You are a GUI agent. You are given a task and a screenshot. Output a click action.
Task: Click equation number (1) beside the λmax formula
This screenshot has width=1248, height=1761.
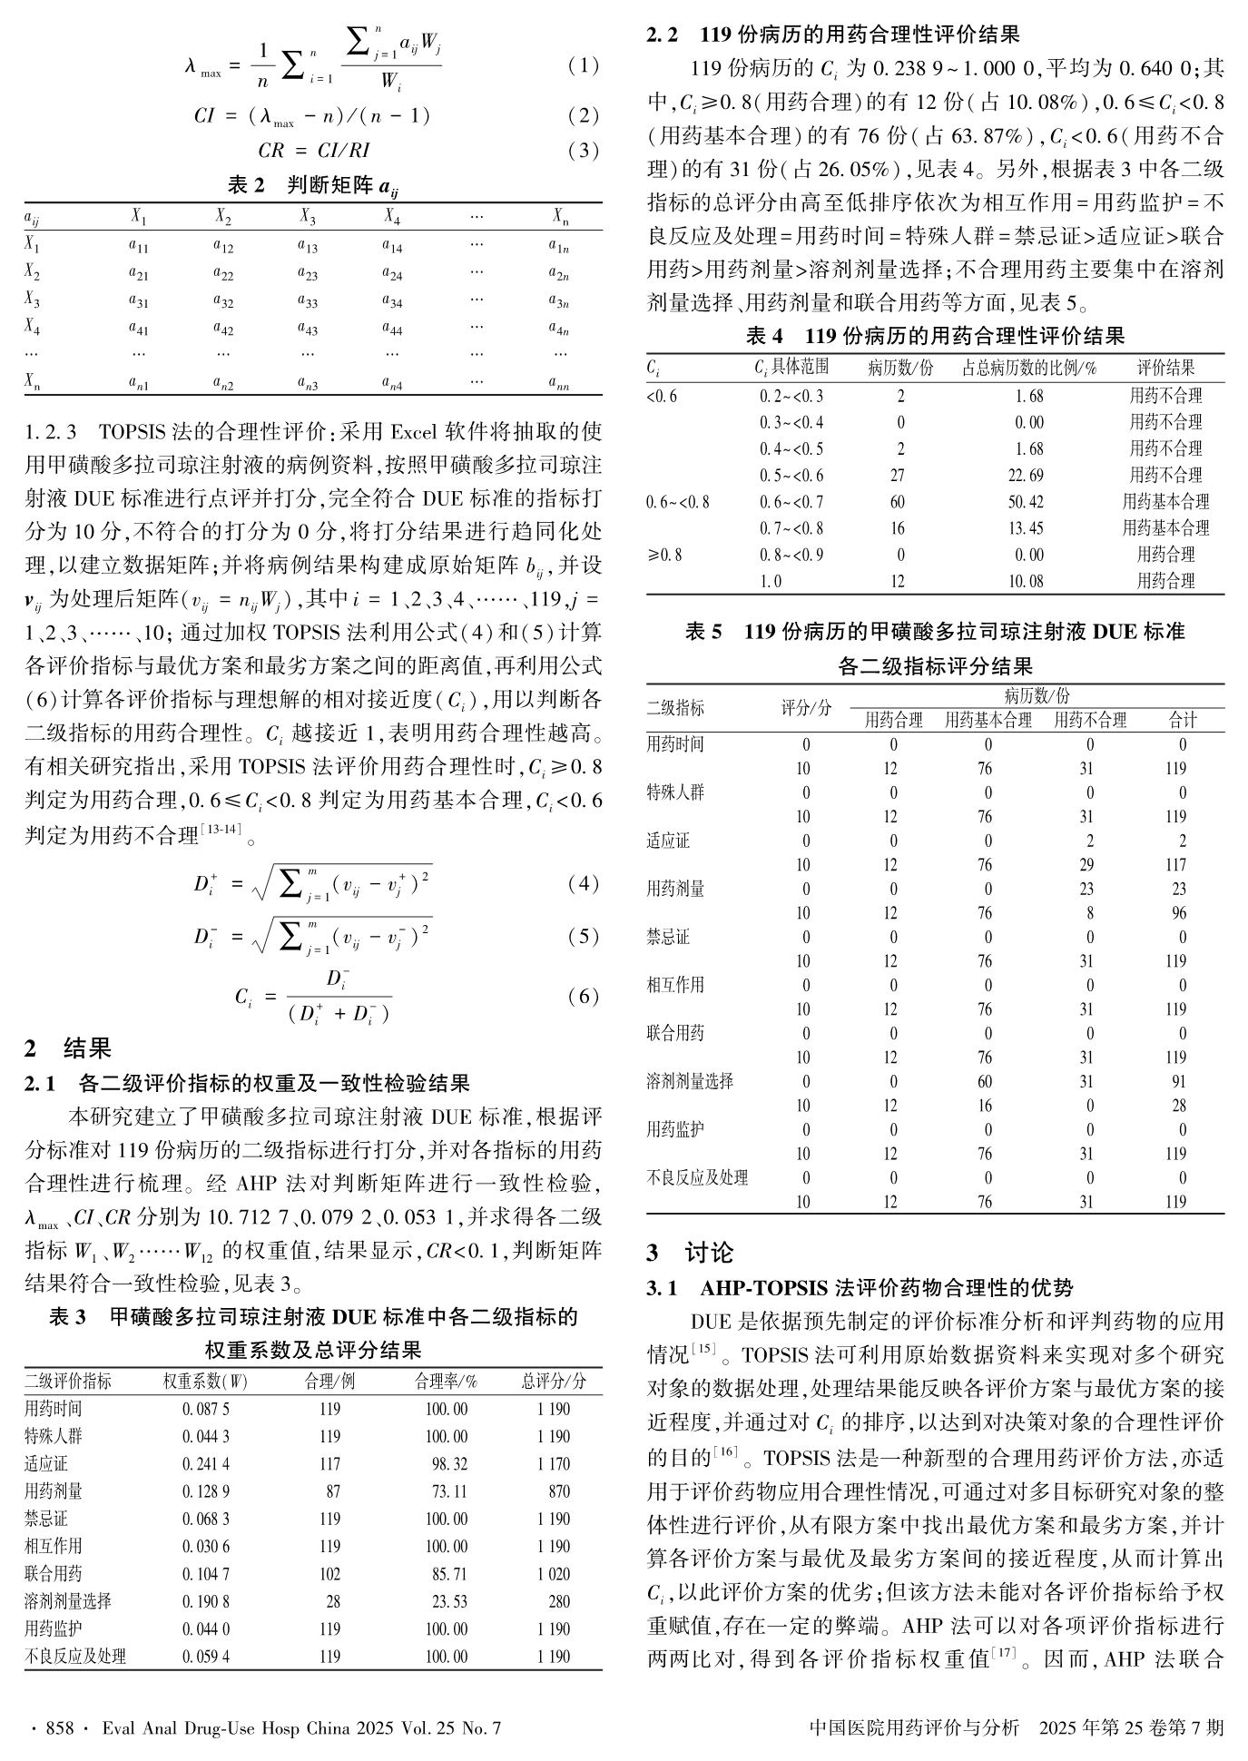coord(583,65)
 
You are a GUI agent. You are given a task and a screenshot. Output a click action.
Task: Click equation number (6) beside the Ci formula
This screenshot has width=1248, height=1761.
coord(583,997)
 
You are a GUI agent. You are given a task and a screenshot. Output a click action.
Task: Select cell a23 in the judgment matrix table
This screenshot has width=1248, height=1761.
coord(307,272)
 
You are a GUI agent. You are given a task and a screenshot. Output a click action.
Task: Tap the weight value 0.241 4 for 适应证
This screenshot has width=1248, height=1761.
coord(206,1464)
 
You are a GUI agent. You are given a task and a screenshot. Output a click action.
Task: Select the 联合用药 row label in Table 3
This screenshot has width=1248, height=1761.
coord(54,1573)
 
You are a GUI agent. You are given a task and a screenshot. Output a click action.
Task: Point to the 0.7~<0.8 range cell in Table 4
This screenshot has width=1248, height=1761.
coord(791,528)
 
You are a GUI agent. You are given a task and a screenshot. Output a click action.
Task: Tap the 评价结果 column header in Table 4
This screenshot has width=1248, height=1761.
coord(1166,368)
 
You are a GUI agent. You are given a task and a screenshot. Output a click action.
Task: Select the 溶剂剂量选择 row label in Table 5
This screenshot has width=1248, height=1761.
coord(690,1081)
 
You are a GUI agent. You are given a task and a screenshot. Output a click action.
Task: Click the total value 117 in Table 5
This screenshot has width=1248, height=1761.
coord(1175,865)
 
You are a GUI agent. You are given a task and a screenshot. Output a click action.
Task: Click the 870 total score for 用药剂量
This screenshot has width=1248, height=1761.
coord(559,1491)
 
